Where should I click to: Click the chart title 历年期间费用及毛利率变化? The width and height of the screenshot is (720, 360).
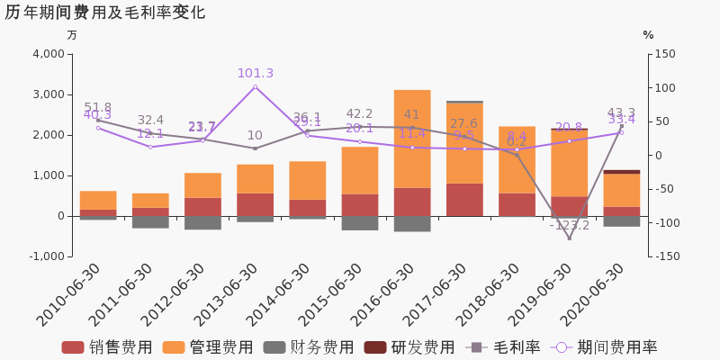[105, 13]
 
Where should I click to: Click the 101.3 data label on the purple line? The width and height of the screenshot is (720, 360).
[255, 74]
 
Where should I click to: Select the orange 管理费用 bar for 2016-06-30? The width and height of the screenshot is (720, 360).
[412, 139]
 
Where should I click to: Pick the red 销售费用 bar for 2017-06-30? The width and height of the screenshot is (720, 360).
[464, 200]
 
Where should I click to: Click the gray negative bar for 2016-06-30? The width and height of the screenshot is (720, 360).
[412, 223]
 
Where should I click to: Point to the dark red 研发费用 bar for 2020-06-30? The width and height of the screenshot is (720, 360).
[621, 172]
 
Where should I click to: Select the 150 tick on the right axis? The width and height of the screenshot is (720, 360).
[665, 54]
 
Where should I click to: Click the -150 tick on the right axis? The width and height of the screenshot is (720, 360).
[667, 256]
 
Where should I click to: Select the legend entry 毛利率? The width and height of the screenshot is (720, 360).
[503, 347]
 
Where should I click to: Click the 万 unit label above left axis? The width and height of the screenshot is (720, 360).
[72, 35]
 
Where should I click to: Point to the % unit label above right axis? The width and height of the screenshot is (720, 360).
[648, 35]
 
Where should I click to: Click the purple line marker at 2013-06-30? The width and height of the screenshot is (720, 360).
[255, 87]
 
